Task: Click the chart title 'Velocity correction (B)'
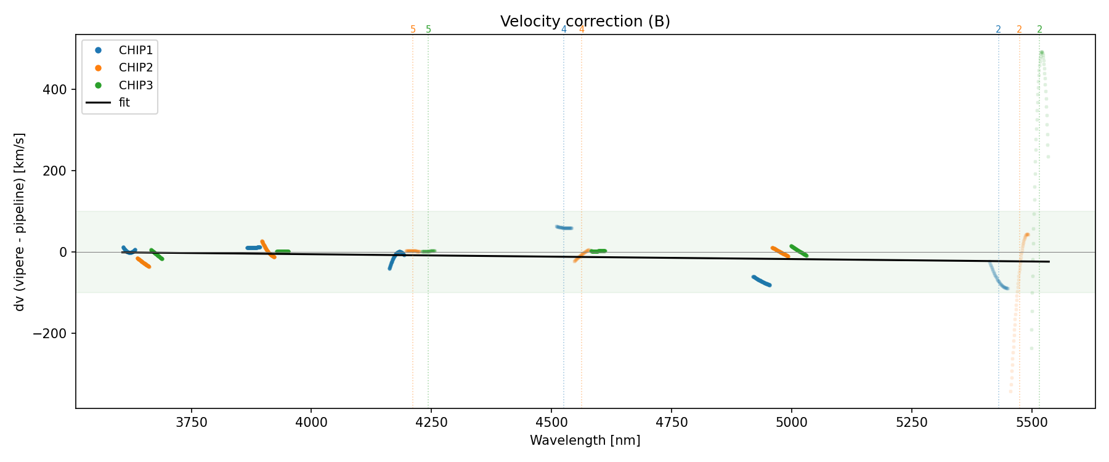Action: tap(585, 22)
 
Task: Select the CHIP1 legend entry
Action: tap(136, 51)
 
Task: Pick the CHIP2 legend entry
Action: tap(136, 68)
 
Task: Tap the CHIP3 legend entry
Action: tap(136, 85)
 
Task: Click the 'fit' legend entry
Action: tap(124, 102)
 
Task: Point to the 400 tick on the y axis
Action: tap(55, 90)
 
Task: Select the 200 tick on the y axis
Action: tap(55, 171)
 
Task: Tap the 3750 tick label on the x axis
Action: tap(192, 423)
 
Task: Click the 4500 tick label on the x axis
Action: tap(551, 423)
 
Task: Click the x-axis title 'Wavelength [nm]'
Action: tap(585, 440)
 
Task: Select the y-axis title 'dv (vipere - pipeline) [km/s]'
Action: tap(20, 222)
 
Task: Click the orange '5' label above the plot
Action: tap(413, 30)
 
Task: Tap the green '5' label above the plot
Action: tap(429, 30)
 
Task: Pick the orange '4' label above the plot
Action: tap(582, 30)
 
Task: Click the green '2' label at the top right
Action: tap(1039, 30)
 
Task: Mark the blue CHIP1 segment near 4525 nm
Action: tap(564, 228)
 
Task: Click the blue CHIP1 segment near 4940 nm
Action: tap(762, 281)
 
